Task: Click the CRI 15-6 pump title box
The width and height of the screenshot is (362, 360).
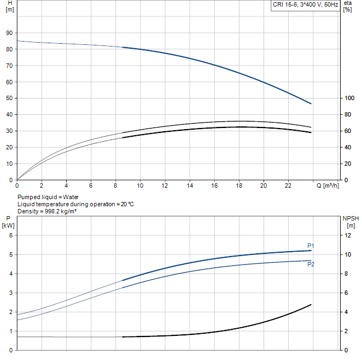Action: click(305, 5)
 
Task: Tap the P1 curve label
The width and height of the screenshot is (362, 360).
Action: click(311, 246)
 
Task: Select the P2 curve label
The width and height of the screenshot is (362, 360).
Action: click(311, 264)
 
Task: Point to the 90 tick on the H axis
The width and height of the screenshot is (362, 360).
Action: click(9, 33)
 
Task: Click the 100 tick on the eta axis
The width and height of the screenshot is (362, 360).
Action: click(349, 98)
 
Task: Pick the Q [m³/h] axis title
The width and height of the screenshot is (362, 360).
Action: click(328, 185)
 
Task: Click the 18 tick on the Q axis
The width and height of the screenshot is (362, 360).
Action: click(239, 185)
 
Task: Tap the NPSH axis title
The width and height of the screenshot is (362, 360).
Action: click(351, 222)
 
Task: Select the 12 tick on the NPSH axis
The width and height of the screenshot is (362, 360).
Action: click(348, 235)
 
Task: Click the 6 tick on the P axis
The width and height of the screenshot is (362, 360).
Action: click(11, 235)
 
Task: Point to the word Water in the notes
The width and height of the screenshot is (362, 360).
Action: click(71, 197)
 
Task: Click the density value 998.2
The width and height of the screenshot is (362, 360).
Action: click(52, 211)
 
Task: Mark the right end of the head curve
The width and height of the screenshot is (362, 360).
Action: click(311, 104)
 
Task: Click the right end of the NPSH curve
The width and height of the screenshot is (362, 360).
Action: click(311, 305)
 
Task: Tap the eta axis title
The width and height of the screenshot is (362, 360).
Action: click(347, 6)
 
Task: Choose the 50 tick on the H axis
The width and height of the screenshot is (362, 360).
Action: click(9, 98)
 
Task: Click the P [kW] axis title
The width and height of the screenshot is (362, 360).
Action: click(8, 222)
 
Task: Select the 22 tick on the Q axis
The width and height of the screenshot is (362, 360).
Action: click(288, 185)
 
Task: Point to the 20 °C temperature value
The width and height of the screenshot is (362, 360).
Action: click(127, 205)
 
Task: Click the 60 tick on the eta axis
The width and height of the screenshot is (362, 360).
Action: click(348, 131)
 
